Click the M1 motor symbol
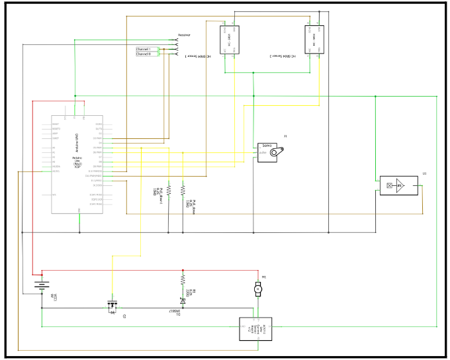click(x=259, y=289)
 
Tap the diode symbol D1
click(x=183, y=300)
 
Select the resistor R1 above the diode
click(x=183, y=281)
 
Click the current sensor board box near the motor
click(x=258, y=329)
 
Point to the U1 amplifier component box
click(x=399, y=186)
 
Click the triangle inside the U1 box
click(x=401, y=186)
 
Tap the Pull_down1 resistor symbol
click(x=169, y=190)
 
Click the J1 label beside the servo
click(x=285, y=136)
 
